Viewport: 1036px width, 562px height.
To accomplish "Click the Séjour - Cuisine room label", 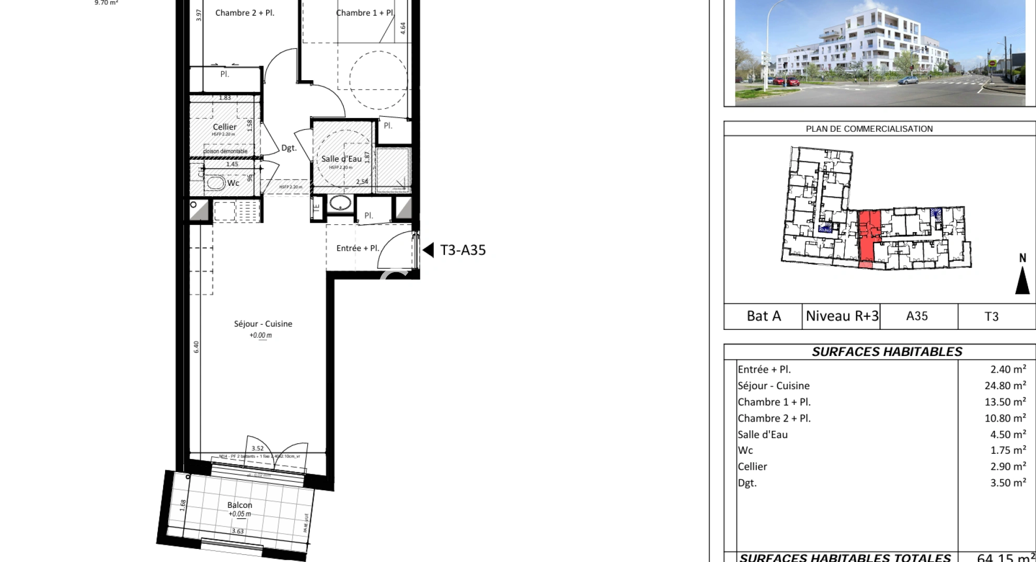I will pyautogui.click(x=263, y=324).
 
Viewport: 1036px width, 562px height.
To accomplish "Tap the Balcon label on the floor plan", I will pyautogui.click(x=240, y=505).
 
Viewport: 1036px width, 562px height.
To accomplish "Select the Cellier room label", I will pyautogui.click(x=224, y=126).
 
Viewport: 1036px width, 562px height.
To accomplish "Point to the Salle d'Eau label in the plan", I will pyautogui.click(x=341, y=159).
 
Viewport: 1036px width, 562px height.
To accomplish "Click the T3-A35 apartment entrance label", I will pyautogui.click(x=463, y=250).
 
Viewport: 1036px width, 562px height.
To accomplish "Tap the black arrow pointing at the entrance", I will pyautogui.click(x=428, y=250).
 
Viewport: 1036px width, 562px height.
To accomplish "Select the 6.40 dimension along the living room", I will pyautogui.click(x=196, y=347).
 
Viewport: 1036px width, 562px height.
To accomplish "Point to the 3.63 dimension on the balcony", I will pyautogui.click(x=238, y=531).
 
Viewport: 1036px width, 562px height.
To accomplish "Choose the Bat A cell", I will pyautogui.click(x=763, y=316).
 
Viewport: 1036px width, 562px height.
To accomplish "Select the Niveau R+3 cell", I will pyautogui.click(x=842, y=316).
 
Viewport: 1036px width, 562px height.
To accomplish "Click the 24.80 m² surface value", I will pyautogui.click(x=1008, y=386).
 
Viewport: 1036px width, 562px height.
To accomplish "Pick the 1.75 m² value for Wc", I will pyautogui.click(x=1008, y=451).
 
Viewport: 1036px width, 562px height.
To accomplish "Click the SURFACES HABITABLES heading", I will pyautogui.click(x=887, y=352).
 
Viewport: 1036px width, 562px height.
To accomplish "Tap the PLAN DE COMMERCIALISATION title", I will pyautogui.click(x=869, y=129).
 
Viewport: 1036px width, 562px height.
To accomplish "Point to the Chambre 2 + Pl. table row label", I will pyautogui.click(x=774, y=418).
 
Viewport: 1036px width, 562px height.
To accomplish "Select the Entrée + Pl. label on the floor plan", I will pyautogui.click(x=357, y=249).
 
